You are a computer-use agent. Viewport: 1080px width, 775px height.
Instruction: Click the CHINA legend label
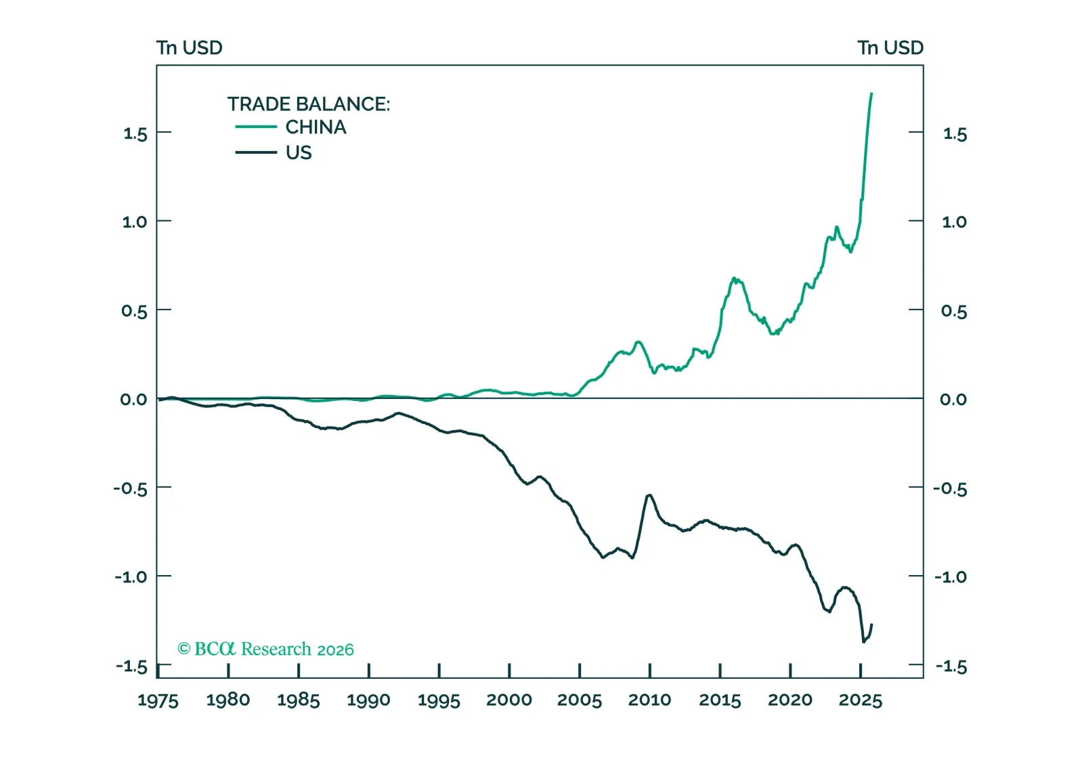coord(316,127)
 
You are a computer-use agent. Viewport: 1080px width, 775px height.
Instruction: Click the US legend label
coord(299,153)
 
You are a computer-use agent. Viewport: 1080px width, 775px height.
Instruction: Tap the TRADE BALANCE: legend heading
coord(308,104)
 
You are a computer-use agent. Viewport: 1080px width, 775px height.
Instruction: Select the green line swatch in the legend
coord(256,127)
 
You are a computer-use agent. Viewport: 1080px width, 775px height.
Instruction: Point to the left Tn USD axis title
coord(189,48)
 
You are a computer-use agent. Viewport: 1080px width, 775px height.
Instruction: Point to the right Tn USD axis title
coord(890,48)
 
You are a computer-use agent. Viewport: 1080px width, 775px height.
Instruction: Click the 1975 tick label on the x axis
coord(158,700)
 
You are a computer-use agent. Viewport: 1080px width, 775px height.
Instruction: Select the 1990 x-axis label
coord(368,700)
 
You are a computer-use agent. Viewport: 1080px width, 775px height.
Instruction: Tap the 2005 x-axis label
coord(580,700)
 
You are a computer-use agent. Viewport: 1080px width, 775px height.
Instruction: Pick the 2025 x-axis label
coord(860,700)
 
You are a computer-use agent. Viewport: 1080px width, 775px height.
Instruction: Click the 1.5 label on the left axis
coord(135,133)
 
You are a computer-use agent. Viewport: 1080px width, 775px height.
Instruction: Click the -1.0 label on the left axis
coord(130,577)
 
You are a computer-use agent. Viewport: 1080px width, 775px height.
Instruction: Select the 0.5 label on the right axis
coord(953,311)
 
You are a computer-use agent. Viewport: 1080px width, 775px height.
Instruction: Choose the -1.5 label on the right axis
coord(951,667)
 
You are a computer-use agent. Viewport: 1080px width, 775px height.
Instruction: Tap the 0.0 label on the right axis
coord(953,400)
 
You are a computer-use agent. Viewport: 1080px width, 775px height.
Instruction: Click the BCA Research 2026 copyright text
coord(265,649)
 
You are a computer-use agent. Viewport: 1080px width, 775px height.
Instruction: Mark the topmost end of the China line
coord(871,93)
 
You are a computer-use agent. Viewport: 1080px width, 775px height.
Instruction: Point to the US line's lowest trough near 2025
coord(863,642)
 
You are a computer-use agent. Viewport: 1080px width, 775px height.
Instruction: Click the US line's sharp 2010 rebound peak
coord(649,495)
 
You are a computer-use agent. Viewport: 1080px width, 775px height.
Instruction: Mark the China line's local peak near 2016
coord(734,278)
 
